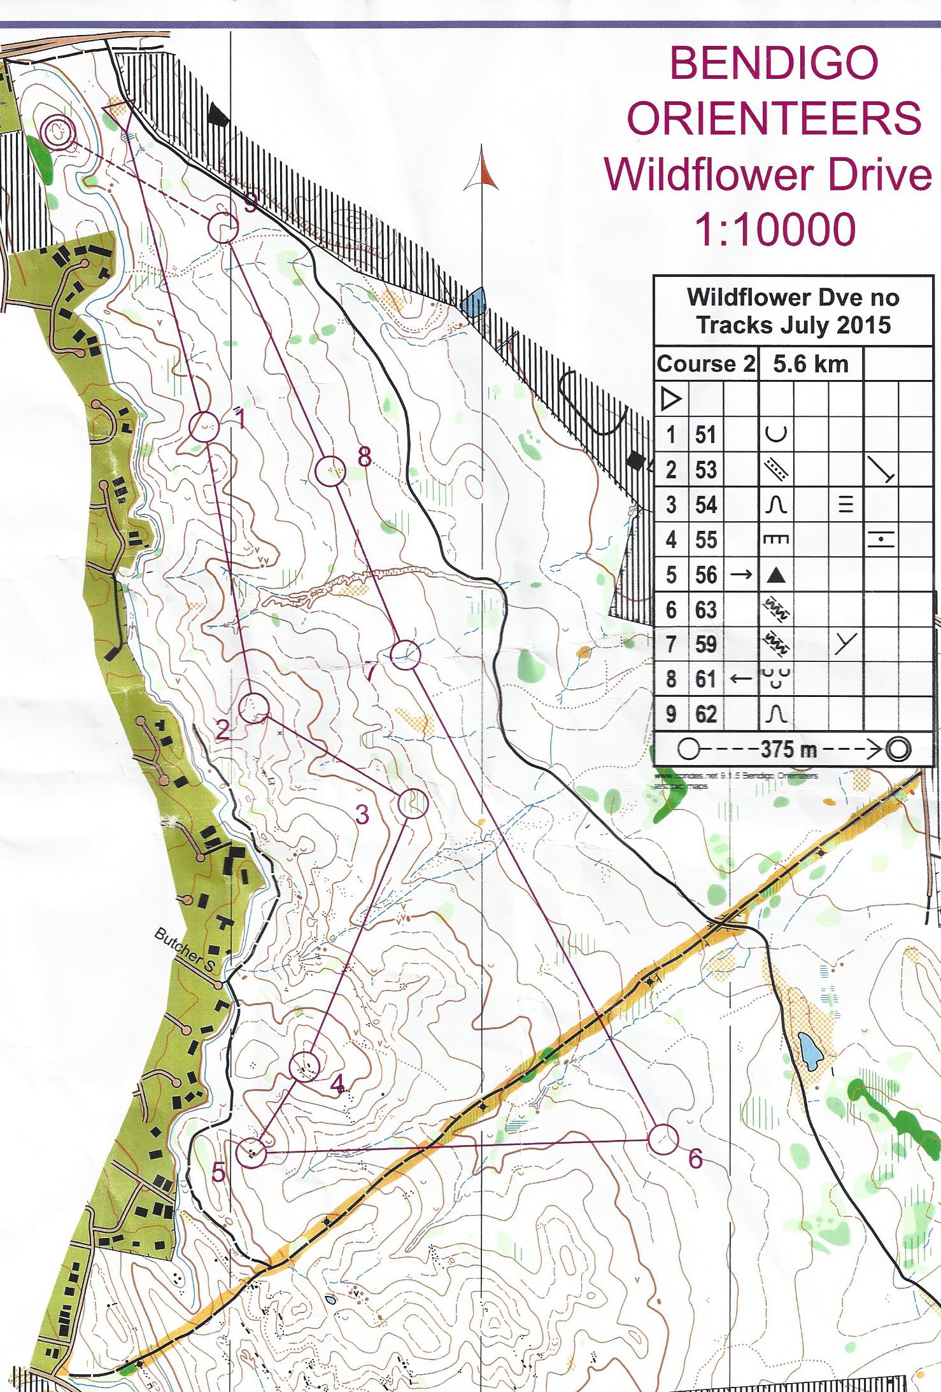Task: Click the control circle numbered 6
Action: (x=663, y=1139)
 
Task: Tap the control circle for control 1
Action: (x=205, y=426)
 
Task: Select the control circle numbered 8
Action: (x=330, y=472)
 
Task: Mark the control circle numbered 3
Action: (x=413, y=803)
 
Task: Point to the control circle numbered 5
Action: (x=251, y=1152)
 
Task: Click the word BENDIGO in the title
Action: (x=774, y=65)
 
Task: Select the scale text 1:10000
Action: (x=774, y=230)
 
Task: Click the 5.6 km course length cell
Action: (x=810, y=365)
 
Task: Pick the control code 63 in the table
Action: (x=705, y=610)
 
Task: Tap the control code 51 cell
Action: (x=705, y=435)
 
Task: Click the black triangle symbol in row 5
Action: (x=775, y=575)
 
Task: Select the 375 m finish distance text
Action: (x=788, y=749)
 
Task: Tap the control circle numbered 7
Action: (x=405, y=654)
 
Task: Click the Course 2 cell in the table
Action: (x=705, y=365)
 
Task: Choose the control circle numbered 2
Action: (x=253, y=707)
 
